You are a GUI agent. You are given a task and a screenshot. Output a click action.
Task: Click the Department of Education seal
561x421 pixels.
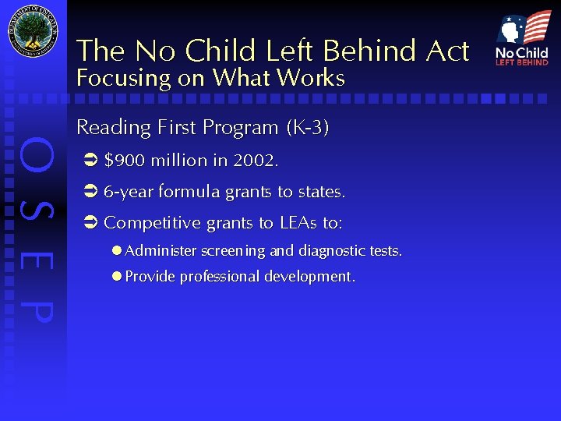(x=33, y=32)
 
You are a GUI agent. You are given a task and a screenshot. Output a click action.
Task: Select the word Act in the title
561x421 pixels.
(x=448, y=51)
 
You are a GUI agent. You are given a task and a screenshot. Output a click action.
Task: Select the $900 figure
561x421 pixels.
(x=124, y=161)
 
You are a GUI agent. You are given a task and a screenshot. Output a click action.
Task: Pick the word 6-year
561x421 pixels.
(x=129, y=192)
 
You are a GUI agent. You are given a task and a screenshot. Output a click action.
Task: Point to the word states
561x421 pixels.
(x=319, y=192)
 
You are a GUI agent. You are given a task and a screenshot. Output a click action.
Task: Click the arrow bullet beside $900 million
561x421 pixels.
(x=88, y=161)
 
